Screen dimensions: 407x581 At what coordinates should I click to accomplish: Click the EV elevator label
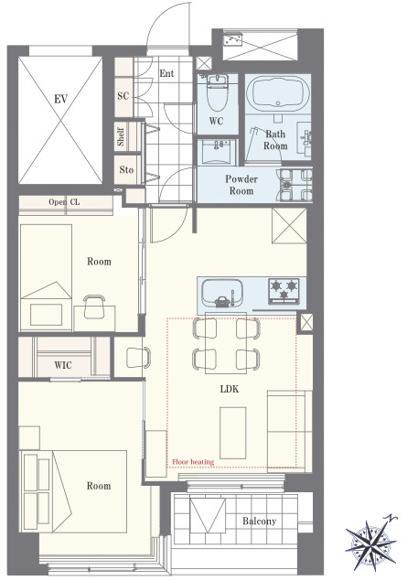[x=60, y=100]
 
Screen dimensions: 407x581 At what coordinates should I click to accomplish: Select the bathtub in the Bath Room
[x=278, y=93]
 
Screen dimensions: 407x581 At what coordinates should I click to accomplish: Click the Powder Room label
[x=241, y=185]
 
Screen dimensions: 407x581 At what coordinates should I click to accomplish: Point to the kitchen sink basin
[x=222, y=293]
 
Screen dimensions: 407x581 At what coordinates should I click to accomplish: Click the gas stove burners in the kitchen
[x=284, y=291]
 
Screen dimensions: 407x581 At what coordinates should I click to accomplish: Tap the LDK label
[x=230, y=389]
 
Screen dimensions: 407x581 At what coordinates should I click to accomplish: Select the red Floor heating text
[x=193, y=462]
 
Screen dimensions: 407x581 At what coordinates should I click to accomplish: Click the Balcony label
[x=259, y=521]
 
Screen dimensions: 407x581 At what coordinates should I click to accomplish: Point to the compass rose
[x=370, y=542]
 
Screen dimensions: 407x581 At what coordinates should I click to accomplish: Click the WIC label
[x=63, y=365]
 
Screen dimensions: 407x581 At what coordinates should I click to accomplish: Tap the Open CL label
[x=64, y=202]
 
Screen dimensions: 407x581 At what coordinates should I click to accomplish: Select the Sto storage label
[x=126, y=169]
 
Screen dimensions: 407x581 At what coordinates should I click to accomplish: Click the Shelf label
[x=121, y=136]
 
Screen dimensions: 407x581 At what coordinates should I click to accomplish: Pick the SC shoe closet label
[x=123, y=96]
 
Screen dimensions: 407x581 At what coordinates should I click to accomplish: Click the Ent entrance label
[x=166, y=73]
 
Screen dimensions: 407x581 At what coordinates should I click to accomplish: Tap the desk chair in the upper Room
[x=94, y=307]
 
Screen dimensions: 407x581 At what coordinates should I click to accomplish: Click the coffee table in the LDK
[x=233, y=433]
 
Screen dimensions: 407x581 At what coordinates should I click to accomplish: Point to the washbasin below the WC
[x=217, y=152]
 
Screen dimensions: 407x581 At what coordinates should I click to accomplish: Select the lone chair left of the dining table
[x=138, y=357]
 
